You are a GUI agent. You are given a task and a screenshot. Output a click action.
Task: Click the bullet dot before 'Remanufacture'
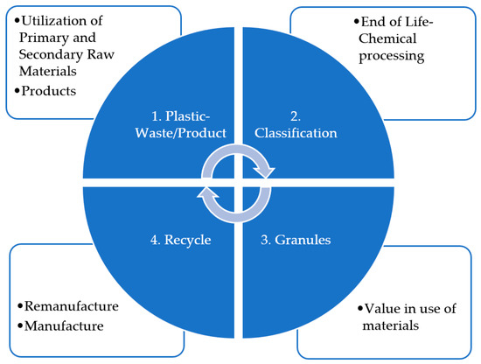coord(18,307)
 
